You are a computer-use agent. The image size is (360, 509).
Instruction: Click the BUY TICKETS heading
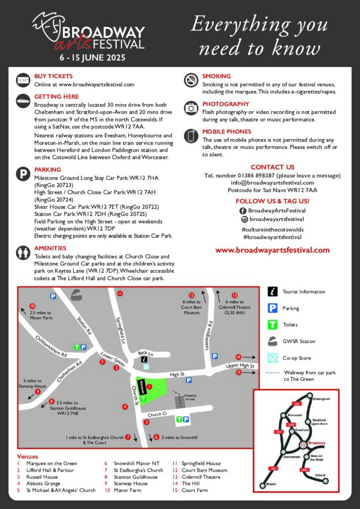point(53,76)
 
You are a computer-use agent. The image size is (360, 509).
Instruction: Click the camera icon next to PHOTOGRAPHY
point(191,107)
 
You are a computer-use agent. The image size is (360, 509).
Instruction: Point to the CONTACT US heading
point(272,167)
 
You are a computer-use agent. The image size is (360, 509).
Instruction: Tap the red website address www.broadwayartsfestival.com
point(272,250)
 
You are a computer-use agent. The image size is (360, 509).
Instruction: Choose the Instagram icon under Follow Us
point(244,219)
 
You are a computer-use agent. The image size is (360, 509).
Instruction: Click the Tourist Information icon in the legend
point(272,292)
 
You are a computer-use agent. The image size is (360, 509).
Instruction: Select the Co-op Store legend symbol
point(272,358)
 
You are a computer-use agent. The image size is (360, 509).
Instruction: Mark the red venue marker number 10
point(33,306)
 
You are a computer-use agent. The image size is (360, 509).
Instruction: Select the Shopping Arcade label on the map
point(190,397)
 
